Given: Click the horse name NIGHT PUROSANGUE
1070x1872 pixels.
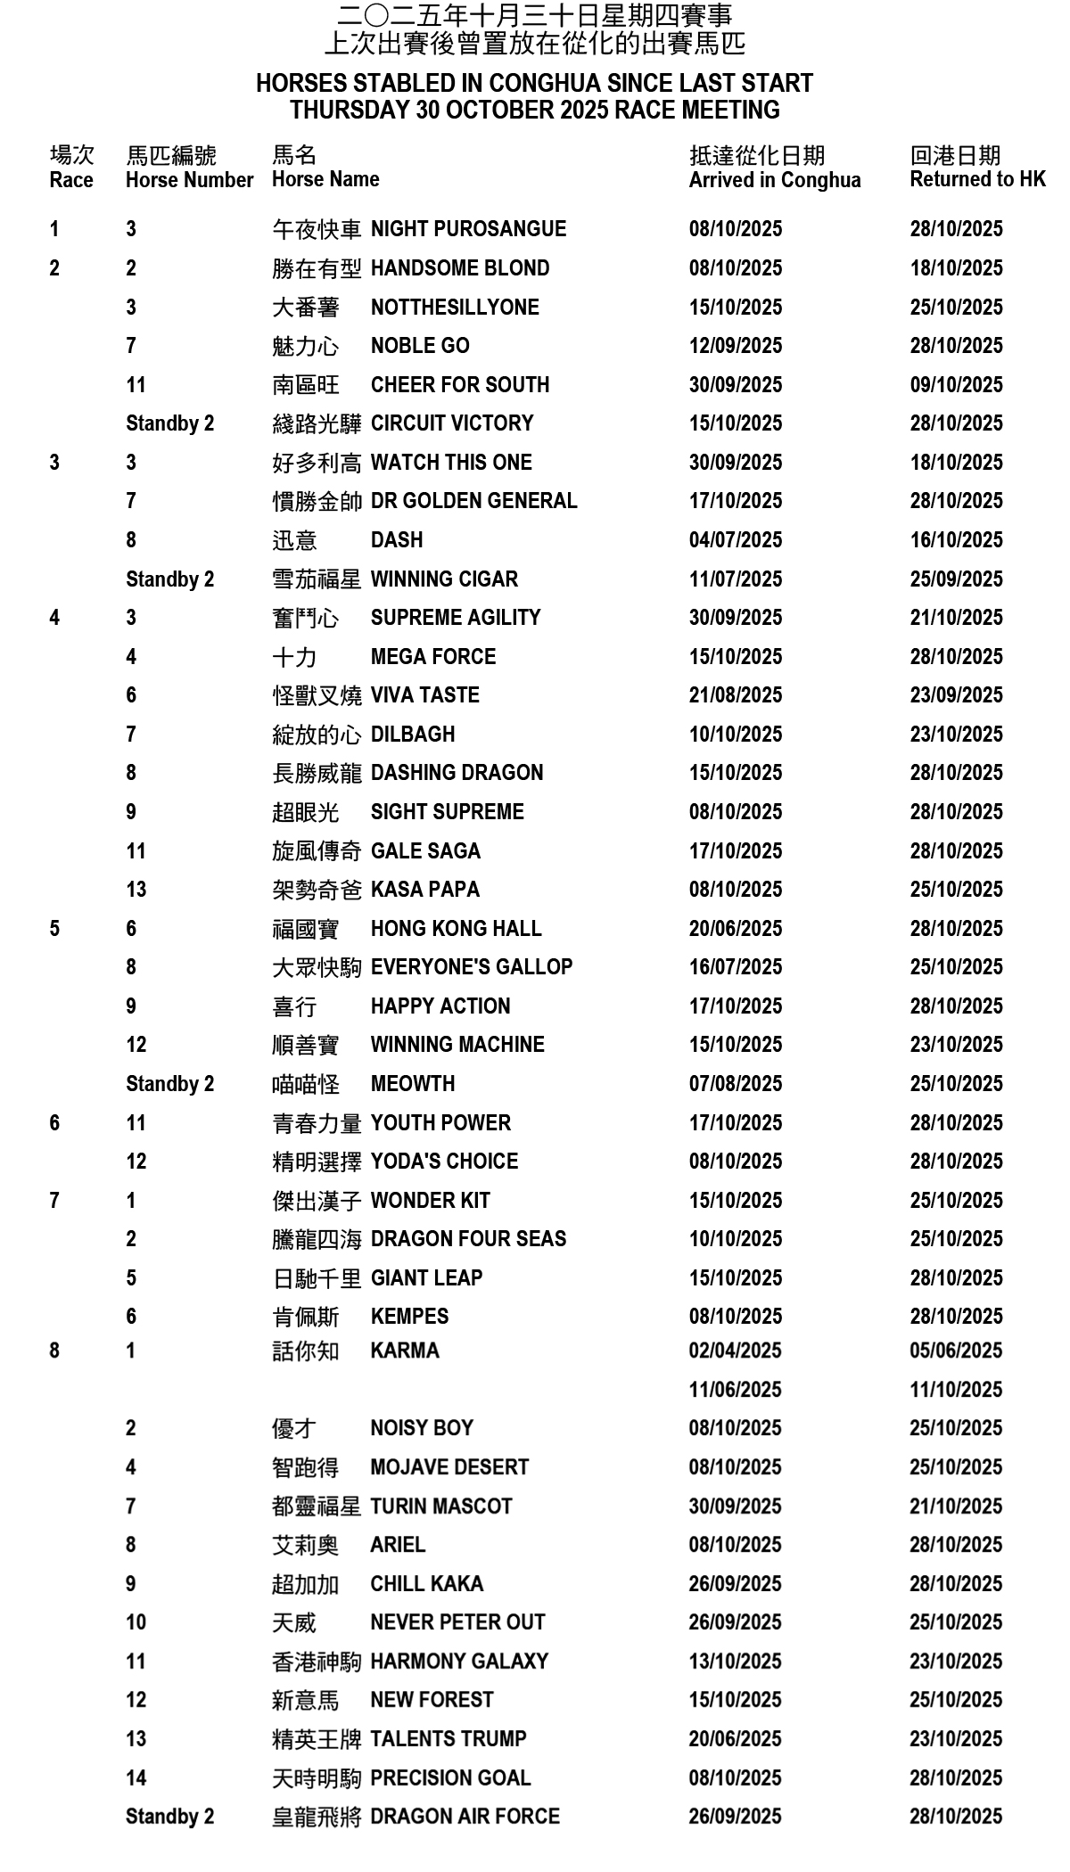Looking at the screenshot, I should (468, 229).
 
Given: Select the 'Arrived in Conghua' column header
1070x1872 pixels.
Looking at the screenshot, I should (774, 180).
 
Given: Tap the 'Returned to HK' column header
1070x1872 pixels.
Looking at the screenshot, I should (977, 179).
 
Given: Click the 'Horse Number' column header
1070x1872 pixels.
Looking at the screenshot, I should (189, 180).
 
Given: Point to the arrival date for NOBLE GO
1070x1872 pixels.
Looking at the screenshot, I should (735, 346).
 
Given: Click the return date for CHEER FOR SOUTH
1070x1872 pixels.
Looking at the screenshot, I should (956, 385).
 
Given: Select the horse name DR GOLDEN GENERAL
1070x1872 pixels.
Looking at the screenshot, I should (473, 501).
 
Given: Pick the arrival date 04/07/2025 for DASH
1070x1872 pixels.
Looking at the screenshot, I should (735, 540).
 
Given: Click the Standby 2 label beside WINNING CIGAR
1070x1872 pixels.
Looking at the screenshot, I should (169, 579).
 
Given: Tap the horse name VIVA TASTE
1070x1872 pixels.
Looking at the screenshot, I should (424, 695).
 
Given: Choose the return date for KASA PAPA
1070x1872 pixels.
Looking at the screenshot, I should (956, 890).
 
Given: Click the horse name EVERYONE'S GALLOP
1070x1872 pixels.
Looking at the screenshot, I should (471, 967).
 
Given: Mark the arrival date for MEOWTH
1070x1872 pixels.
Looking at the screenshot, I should (735, 1084).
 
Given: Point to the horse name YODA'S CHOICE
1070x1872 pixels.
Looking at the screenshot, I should (444, 1162).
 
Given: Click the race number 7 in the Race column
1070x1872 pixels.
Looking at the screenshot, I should (54, 1201).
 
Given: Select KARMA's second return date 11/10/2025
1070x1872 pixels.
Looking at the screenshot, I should (956, 1390).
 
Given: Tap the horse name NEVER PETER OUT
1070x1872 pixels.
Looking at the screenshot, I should (457, 1622).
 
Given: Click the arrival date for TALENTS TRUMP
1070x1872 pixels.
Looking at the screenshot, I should (735, 1739).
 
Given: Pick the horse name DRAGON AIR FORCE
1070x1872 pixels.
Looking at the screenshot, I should (465, 1817).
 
